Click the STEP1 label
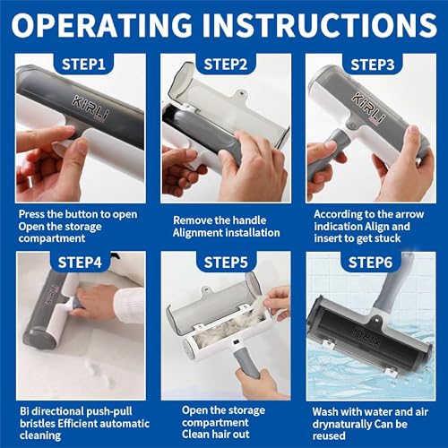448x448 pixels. click(x=83, y=65)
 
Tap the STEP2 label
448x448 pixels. click(x=226, y=65)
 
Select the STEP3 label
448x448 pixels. click(x=373, y=65)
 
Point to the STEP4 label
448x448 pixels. click(x=80, y=263)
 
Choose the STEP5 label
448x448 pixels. click(x=226, y=263)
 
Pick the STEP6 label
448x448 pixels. click(x=370, y=263)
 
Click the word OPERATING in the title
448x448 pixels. click(x=101, y=25)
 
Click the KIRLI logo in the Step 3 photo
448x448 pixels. click(x=368, y=108)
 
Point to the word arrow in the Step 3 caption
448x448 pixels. click(x=409, y=214)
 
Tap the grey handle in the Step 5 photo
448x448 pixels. click(x=246, y=363)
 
